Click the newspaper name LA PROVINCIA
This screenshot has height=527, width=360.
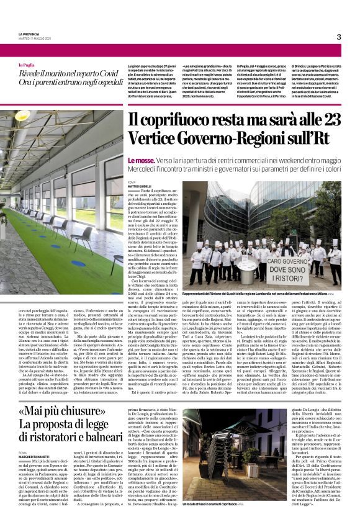coord(30,34)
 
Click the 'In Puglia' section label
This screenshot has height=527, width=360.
coord(27,63)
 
